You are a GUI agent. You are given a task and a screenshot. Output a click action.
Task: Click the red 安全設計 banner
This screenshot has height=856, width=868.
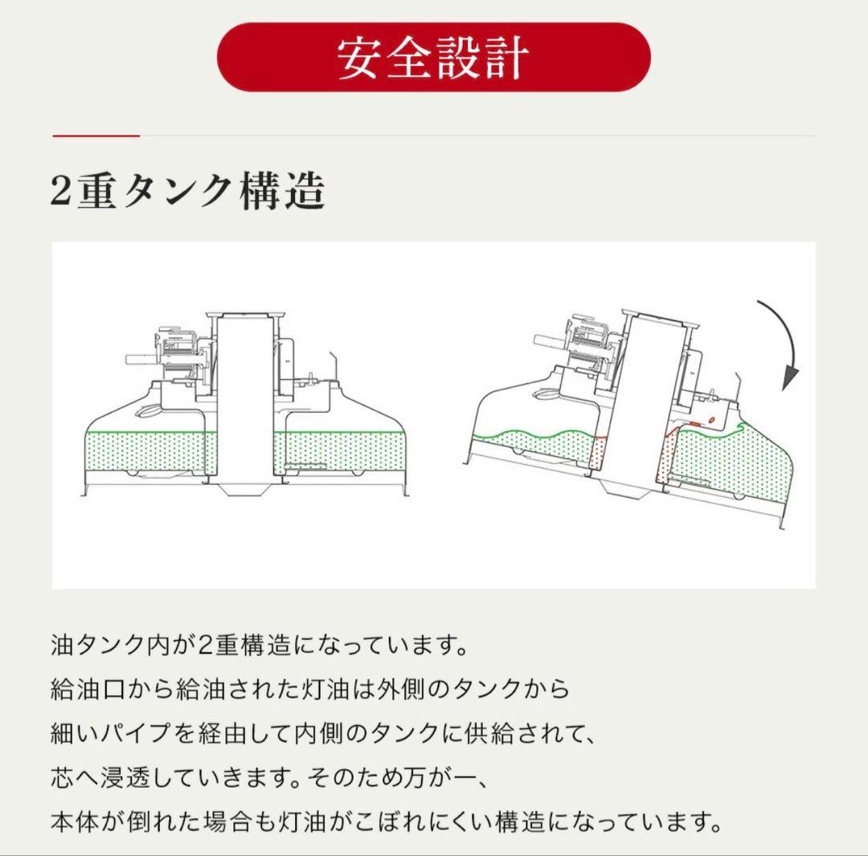tap(433, 57)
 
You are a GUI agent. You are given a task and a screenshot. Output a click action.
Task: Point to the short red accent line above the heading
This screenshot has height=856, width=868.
tap(96, 136)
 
